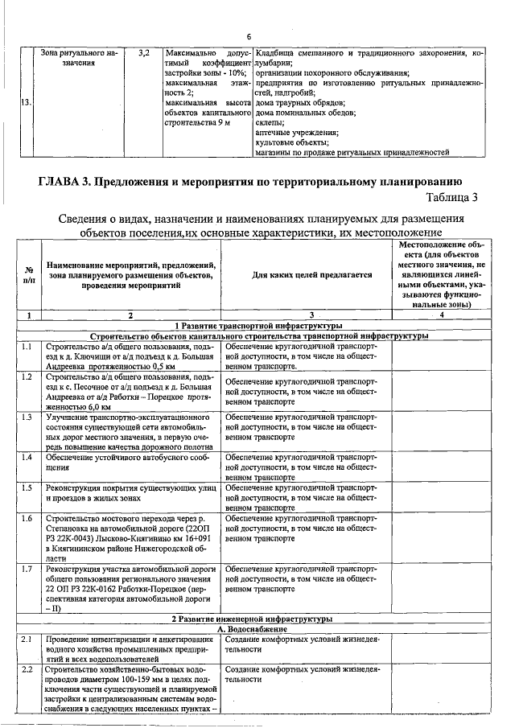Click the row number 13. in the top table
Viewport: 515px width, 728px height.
26,102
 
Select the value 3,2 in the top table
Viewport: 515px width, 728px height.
143,54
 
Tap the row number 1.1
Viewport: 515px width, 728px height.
27,348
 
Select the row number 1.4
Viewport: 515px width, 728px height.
27,457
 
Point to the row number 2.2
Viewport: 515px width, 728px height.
27,669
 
